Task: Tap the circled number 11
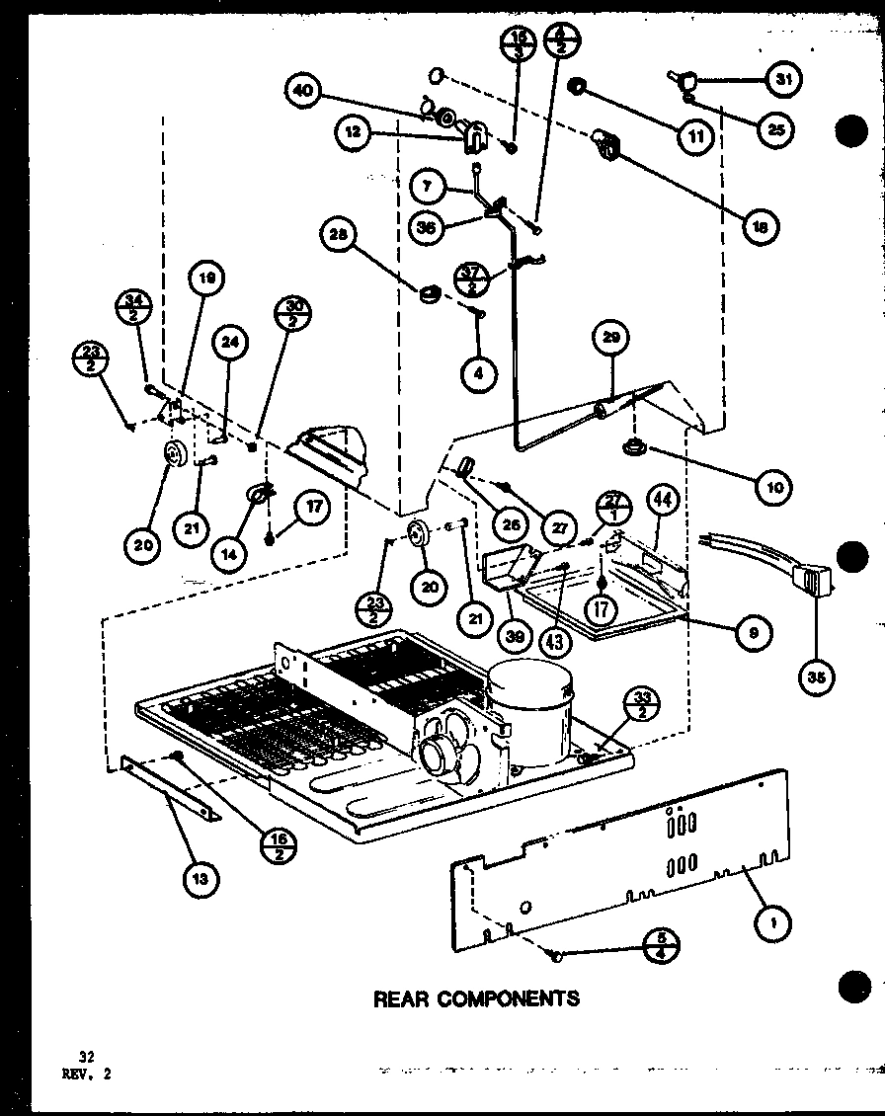point(697,135)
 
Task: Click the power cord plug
point(806,583)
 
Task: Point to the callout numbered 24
point(229,343)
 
